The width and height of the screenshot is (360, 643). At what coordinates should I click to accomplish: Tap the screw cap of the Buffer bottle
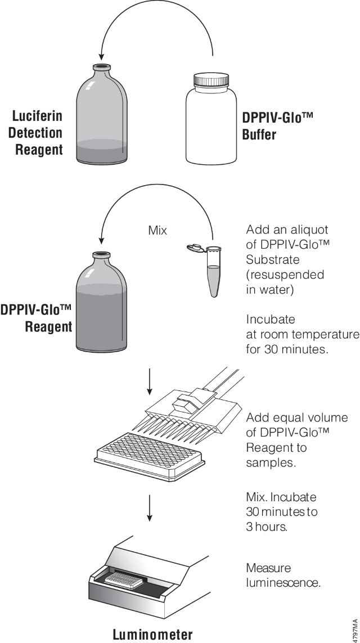(x=210, y=79)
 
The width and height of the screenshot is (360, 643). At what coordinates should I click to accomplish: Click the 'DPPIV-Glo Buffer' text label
(x=277, y=126)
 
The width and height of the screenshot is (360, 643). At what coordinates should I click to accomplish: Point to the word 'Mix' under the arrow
(x=157, y=231)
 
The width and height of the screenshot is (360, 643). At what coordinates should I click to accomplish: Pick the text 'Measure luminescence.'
(x=283, y=575)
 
